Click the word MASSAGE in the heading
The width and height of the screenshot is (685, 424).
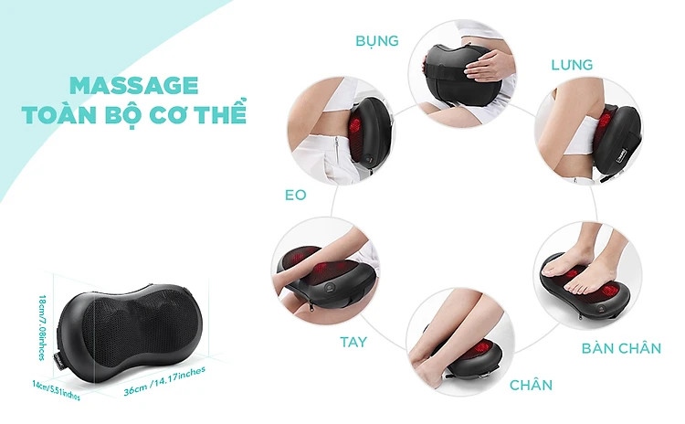click(x=133, y=85)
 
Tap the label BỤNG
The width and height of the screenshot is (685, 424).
click(x=377, y=40)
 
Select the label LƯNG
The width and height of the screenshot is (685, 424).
click(x=572, y=65)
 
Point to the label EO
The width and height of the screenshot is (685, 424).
click(x=295, y=195)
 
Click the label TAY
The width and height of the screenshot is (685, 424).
click(x=353, y=342)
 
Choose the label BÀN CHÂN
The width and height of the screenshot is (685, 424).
click(x=621, y=348)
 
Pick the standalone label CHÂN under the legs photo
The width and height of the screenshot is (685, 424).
click(x=531, y=385)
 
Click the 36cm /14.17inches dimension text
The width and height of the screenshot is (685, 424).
click(x=164, y=381)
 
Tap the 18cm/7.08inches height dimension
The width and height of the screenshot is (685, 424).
click(x=42, y=328)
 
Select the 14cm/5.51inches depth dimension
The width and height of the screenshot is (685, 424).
click(x=56, y=390)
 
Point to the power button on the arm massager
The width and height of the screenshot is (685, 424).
click(x=329, y=288)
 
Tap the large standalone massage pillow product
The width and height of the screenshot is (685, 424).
click(x=131, y=334)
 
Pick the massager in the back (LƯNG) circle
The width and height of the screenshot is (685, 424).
click(x=616, y=139)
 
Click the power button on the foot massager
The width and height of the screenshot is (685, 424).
click(x=603, y=309)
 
